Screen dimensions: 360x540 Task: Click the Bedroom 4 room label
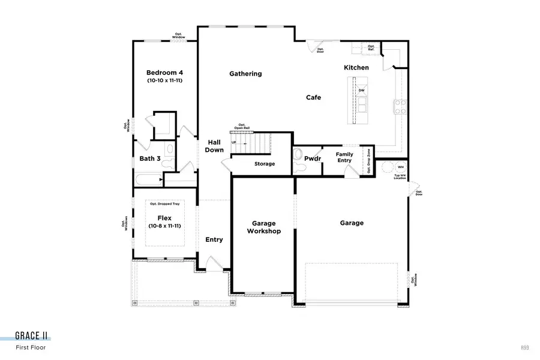164,73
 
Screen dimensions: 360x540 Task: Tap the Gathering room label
245,74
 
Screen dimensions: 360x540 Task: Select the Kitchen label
356,68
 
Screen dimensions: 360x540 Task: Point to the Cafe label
313,97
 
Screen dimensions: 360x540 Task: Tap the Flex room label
164,218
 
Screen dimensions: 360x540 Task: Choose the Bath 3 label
150,159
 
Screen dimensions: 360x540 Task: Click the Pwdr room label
313,159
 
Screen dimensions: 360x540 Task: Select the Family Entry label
344,157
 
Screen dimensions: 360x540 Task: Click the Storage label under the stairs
264,164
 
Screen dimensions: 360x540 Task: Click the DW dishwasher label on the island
361,91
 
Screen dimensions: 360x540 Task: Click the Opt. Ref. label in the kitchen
371,48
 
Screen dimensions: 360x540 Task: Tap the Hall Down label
214,146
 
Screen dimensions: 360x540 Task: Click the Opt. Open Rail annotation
242,126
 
